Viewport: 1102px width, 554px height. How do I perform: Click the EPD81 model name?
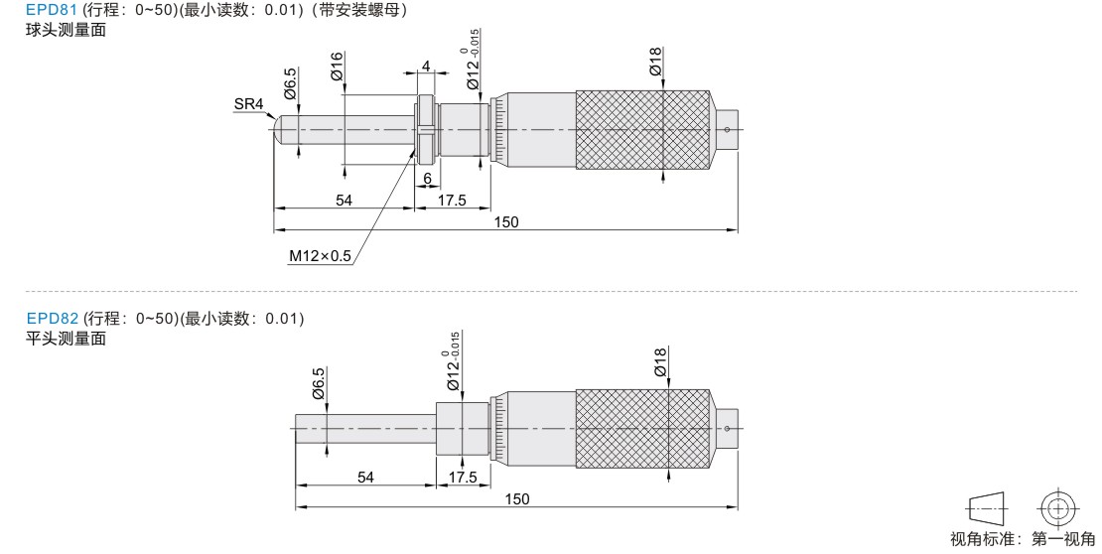pyautogui.click(x=52, y=10)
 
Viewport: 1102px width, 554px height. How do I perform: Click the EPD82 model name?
pyautogui.click(x=52, y=319)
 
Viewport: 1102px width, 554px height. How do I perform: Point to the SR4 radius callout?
pyautogui.click(x=249, y=104)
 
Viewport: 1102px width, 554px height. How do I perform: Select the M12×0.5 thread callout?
pyautogui.click(x=320, y=256)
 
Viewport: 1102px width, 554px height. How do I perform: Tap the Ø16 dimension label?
pyautogui.click(x=337, y=67)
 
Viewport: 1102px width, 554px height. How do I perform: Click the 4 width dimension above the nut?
pyautogui.click(x=425, y=67)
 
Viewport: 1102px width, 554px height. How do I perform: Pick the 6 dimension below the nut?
pyautogui.click(x=427, y=179)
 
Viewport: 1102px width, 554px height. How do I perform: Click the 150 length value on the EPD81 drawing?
pyautogui.click(x=506, y=222)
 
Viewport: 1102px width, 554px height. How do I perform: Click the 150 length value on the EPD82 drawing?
pyautogui.click(x=517, y=499)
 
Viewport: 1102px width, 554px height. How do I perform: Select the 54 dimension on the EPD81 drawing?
pyautogui.click(x=344, y=201)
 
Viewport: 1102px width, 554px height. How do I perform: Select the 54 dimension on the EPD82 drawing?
pyautogui.click(x=365, y=478)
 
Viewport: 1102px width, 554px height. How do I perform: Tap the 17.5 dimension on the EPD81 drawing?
pyautogui.click(x=452, y=201)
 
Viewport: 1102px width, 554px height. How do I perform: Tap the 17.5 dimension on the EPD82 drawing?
pyautogui.click(x=463, y=478)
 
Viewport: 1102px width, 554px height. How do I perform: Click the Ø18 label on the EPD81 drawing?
pyautogui.click(x=655, y=62)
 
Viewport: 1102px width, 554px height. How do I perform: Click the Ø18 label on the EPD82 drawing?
pyautogui.click(x=660, y=362)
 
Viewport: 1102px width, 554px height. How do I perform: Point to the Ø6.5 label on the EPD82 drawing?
pyautogui.click(x=319, y=383)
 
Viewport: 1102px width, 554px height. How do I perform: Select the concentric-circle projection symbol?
pyautogui.click(x=1057, y=507)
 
